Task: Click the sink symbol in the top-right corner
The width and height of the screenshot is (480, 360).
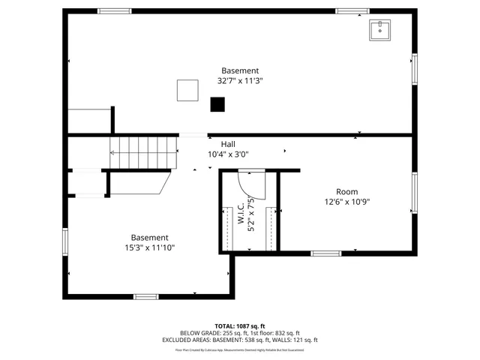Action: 381,30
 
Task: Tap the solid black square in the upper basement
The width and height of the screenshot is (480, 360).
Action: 217,105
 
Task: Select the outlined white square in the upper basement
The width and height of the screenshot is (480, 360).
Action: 187,90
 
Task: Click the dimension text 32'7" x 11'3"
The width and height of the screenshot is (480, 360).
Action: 240,81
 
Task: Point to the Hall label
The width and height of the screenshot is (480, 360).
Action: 228,143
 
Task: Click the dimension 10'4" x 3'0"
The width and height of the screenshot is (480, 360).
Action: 228,154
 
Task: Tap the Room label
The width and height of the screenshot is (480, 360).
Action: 346,191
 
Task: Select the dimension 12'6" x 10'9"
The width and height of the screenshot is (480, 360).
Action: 346,202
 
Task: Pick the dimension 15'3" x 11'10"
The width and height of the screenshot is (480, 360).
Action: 150,247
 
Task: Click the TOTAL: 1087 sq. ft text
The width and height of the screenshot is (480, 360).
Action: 240,326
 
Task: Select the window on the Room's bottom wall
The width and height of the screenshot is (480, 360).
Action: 326,253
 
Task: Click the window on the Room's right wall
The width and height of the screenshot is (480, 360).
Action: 414,193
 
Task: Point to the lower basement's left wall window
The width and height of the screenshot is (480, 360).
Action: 65,241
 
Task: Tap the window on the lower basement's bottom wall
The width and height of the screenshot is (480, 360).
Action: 145,296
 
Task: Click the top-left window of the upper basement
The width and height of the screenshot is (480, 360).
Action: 115,11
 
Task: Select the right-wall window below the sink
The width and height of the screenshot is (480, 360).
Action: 414,68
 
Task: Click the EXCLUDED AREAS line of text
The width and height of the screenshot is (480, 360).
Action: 240,340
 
